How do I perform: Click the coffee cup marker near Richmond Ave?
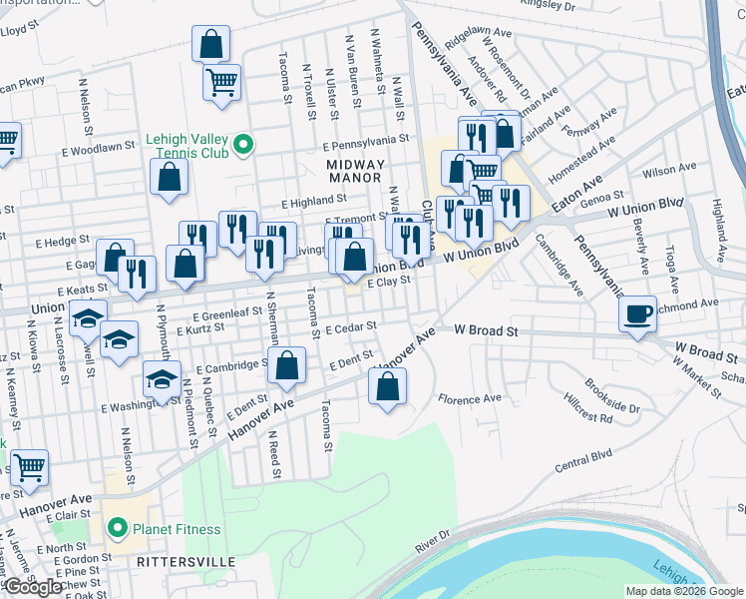[x=637, y=313]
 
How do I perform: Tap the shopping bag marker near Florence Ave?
[x=388, y=384]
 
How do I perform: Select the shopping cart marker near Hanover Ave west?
[x=29, y=465]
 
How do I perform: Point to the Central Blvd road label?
[x=581, y=464]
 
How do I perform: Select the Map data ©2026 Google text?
[x=684, y=591]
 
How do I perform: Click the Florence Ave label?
[x=469, y=397]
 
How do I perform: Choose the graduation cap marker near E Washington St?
[x=162, y=378]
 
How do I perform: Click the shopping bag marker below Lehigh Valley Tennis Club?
[x=171, y=177]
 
